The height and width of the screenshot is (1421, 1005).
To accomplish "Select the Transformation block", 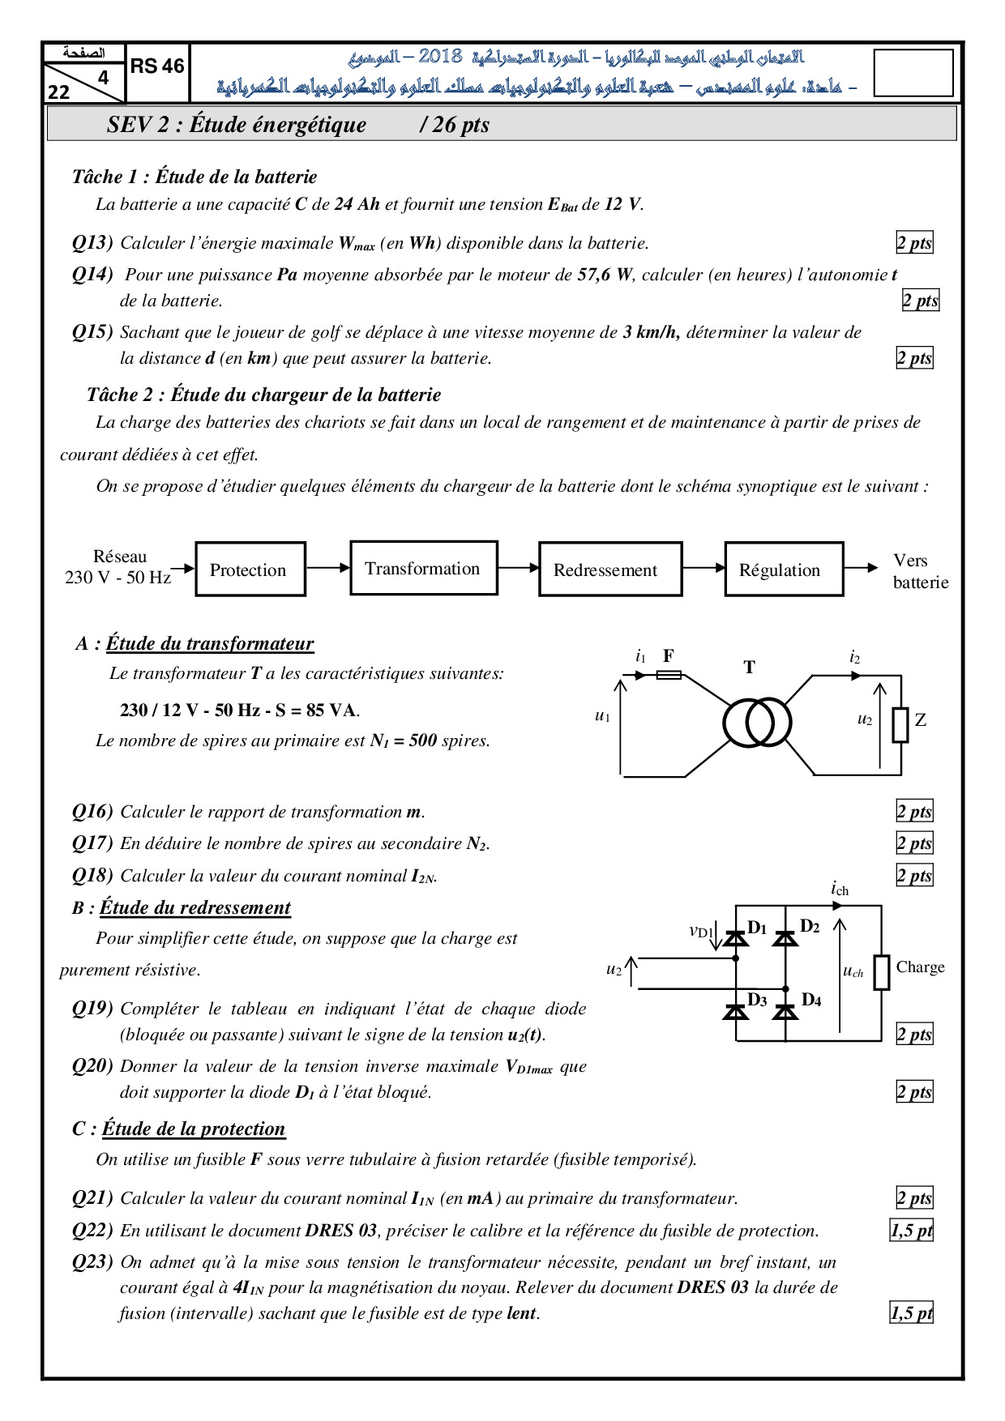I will [x=423, y=568].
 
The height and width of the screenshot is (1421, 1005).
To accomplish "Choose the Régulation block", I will [x=784, y=570].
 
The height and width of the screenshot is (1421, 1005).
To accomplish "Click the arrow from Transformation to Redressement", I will [x=518, y=568].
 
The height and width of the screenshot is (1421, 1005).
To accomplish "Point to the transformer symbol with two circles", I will [x=756, y=723].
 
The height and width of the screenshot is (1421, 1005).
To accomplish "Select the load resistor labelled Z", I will [x=900, y=725].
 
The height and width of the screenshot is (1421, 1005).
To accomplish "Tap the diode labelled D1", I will [x=735, y=938].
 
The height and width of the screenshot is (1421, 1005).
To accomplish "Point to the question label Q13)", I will [x=92, y=243].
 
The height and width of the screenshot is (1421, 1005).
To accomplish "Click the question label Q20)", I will [x=92, y=1066].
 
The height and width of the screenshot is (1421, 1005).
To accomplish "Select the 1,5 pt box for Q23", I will [x=912, y=1313].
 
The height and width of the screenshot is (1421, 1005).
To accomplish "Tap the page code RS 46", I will [x=157, y=67].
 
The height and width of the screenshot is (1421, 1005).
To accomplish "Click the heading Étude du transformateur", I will [x=209, y=644].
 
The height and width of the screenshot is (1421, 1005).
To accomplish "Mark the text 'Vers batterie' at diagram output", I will [x=919, y=571].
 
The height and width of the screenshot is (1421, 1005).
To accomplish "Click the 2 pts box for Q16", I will [x=914, y=812].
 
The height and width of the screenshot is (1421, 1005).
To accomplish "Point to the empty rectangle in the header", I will [x=913, y=73].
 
